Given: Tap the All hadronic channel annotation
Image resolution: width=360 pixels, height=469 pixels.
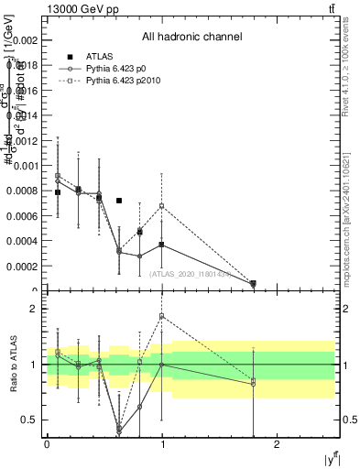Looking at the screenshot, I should tap(191, 38).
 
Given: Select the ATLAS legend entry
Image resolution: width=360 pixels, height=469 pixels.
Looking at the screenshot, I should tap(100, 57).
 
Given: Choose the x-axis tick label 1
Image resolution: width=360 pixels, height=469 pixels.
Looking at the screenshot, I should tap(162, 443).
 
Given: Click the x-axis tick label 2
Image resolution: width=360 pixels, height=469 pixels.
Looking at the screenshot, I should tap(278, 443).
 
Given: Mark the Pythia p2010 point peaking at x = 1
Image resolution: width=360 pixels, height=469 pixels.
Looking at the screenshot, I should tap(162, 205).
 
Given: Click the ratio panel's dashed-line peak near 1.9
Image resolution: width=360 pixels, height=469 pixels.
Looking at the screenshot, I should tap(162, 316).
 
